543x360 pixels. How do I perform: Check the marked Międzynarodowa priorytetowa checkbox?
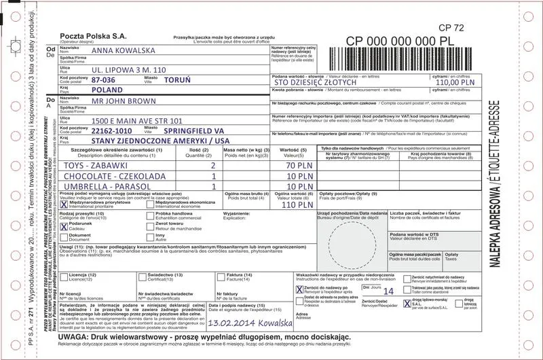pos(64,203)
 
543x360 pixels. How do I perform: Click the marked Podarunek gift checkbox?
pos(64,225)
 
